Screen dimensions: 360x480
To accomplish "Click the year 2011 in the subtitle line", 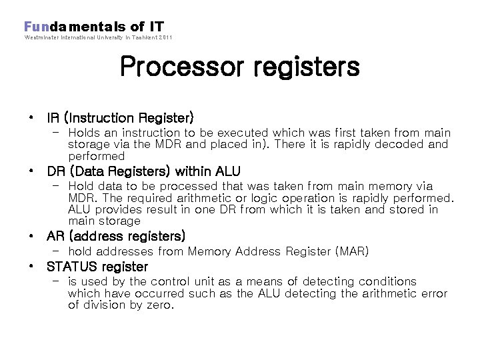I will point(165,37).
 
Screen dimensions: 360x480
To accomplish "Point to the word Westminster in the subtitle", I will point(41,37).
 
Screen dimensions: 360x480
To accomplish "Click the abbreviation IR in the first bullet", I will point(53,118).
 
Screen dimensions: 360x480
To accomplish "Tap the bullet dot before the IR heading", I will point(31,117).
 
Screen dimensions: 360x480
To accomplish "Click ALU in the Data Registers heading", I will point(225,171).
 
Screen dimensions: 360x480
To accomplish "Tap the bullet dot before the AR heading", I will point(31,236).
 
